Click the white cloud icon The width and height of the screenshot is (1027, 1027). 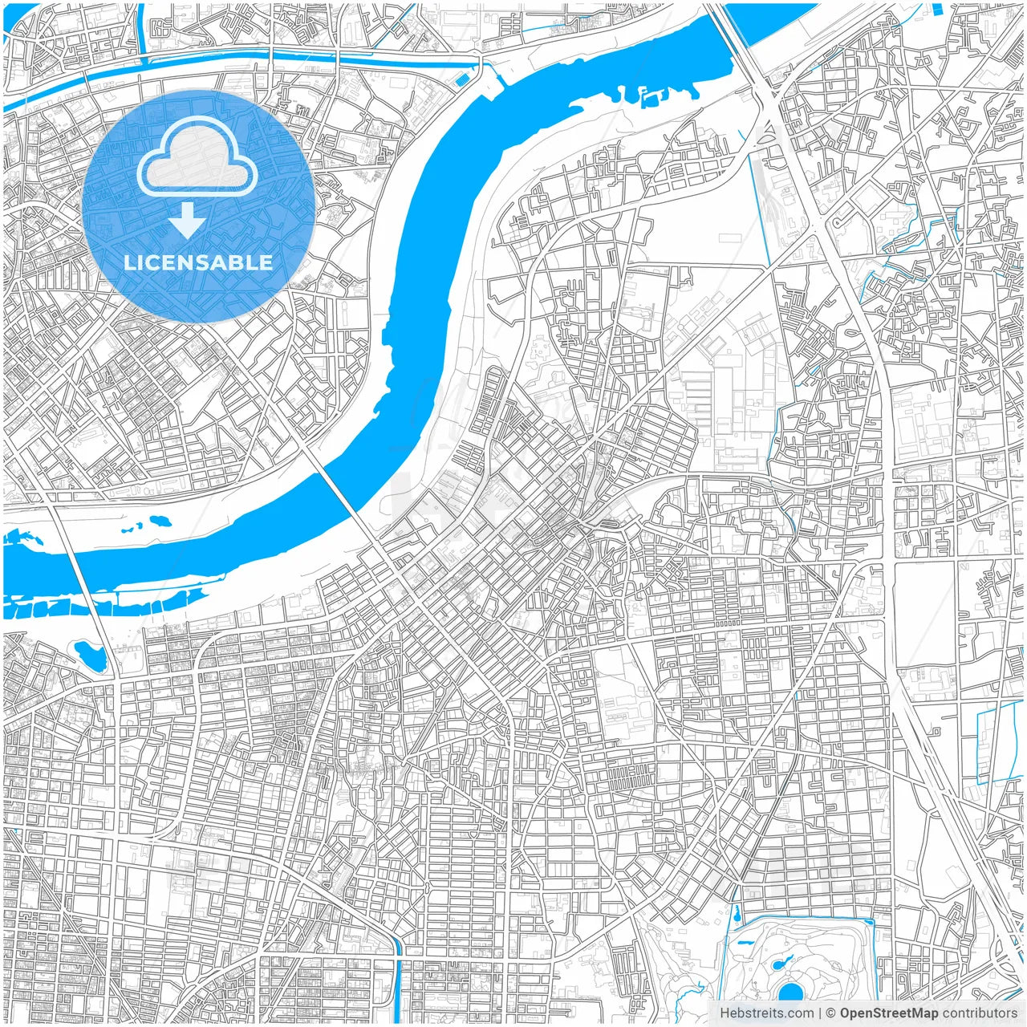(197, 157)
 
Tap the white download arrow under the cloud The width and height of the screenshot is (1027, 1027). (187, 220)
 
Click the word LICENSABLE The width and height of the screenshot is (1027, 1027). (198, 262)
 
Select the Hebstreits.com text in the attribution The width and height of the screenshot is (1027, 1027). (766, 1013)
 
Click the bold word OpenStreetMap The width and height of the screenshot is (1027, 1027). (888, 1013)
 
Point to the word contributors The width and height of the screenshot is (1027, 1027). (980, 1013)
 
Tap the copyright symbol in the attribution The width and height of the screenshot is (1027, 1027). (831, 1013)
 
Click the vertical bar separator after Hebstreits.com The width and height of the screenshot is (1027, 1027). (820, 1013)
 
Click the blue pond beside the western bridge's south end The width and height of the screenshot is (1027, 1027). (90, 656)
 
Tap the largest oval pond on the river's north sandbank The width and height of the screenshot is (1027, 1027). (158, 521)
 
